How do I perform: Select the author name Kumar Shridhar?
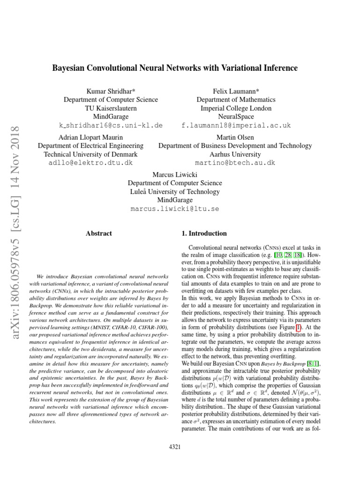(x=111, y=91)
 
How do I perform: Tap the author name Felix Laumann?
(x=236, y=91)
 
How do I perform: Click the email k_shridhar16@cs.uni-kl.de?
(x=111, y=126)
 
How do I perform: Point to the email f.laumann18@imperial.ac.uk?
(x=236, y=126)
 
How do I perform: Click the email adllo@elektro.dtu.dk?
(x=90, y=163)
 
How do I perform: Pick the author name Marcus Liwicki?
(x=175, y=174)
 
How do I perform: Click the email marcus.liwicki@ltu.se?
(x=175, y=209)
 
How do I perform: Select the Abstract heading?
(x=99, y=233)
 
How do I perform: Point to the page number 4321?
(x=174, y=447)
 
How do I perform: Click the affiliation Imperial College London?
(x=236, y=108)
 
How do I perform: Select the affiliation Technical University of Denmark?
(x=90, y=154)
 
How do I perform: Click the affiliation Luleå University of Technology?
(x=175, y=192)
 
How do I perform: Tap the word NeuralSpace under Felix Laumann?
(x=236, y=116)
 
